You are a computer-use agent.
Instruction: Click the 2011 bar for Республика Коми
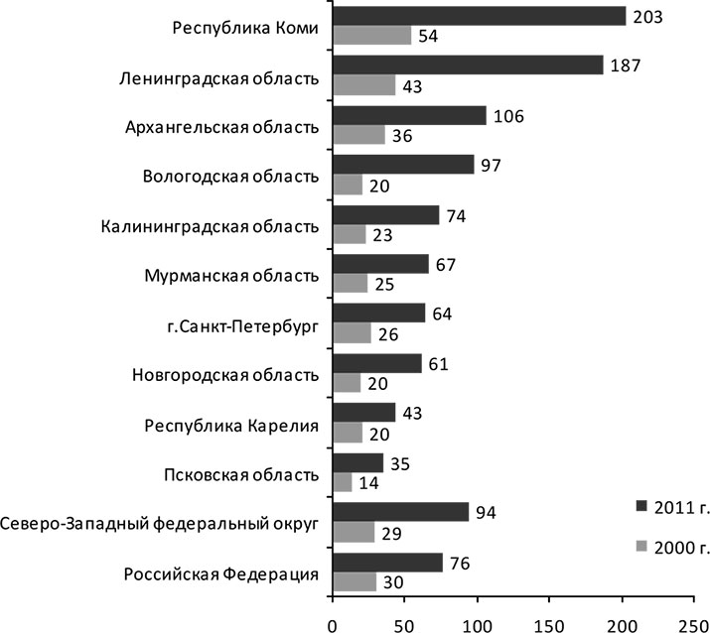point(480,16)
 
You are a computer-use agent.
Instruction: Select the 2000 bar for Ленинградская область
point(363,85)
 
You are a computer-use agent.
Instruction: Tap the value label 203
point(647,16)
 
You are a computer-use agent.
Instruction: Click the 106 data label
point(508,115)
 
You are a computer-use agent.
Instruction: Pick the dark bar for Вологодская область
point(403,164)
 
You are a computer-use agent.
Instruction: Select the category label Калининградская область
point(211,226)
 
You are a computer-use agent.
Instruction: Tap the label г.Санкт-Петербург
point(242,325)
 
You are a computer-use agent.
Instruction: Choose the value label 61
point(438,363)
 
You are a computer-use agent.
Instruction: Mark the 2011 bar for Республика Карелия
point(364,413)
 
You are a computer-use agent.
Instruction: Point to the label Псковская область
point(241,474)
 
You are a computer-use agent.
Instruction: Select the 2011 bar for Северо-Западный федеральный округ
point(401,512)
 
